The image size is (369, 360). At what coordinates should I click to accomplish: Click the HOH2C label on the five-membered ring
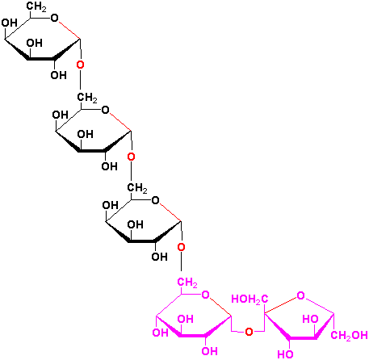click(249, 299)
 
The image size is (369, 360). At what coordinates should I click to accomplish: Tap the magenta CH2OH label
click(350, 336)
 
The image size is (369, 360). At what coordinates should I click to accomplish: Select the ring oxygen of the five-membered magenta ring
click(300, 295)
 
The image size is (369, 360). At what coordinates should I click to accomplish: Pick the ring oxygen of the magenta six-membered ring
click(206, 295)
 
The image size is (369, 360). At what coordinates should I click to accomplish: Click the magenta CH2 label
click(187, 283)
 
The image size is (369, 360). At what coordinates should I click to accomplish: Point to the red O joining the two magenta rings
click(249, 332)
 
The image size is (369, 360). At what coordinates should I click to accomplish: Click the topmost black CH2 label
click(36, 6)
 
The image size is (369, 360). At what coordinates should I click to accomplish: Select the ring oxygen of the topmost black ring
click(54, 18)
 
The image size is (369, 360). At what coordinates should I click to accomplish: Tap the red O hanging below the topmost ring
click(80, 65)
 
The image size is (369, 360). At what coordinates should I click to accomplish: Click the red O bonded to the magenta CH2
click(182, 247)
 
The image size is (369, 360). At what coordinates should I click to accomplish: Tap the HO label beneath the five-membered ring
click(285, 354)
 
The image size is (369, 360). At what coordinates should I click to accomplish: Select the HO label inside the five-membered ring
click(310, 319)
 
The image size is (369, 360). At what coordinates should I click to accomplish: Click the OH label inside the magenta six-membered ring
click(186, 319)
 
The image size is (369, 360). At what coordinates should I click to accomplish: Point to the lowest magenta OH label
click(210, 351)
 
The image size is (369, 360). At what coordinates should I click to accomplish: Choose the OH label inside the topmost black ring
click(35, 43)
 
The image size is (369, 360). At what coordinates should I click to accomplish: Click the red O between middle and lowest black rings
click(131, 157)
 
